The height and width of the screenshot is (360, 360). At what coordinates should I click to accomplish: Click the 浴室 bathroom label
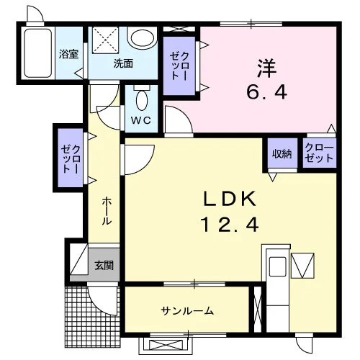[x=68, y=54]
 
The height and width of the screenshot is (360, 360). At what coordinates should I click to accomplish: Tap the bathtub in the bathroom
[x=38, y=53]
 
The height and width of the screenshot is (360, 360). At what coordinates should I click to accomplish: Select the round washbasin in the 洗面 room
[x=142, y=38]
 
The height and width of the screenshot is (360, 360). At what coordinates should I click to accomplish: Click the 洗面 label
[x=123, y=63]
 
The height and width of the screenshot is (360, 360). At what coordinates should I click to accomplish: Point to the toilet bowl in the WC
[x=142, y=100]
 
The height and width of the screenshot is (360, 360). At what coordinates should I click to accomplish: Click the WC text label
[x=141, y=120]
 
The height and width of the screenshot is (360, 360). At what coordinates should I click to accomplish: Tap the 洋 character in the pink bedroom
[x=266, y=68]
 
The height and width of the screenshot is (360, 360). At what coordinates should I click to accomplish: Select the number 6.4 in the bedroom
[x=266, y=93]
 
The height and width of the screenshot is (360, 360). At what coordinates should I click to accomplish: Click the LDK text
[x=230, y=199]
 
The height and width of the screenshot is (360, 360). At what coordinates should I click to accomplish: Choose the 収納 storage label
[x=282, y=153]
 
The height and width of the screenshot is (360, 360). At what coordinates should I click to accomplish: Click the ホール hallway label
[x=107, y=211]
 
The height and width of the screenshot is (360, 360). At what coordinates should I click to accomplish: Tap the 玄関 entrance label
[x=104, y=265]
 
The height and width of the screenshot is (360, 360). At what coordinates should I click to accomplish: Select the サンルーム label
[x=187, y=311]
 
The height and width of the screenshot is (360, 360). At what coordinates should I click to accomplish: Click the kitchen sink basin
[x=278, y=267]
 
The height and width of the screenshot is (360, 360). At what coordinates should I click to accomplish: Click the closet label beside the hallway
[x=71, y=158]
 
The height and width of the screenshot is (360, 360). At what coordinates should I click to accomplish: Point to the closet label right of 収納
[x=319, y=153]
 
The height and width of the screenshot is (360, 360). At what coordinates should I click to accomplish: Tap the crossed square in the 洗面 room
[x=106, y=40]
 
